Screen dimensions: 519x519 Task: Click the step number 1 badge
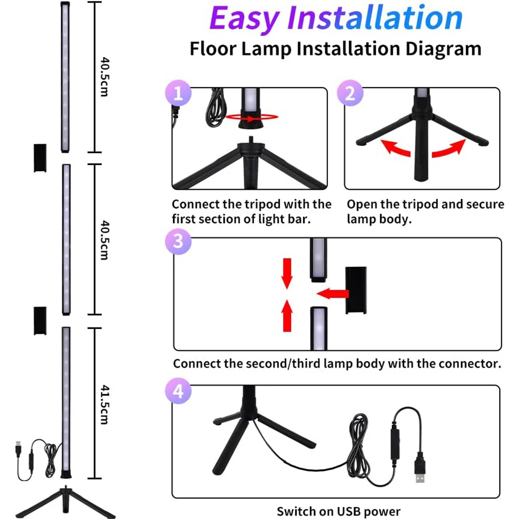click(178, 93)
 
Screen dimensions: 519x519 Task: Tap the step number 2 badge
click(350, 93)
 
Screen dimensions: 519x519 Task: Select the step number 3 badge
click(178, 241)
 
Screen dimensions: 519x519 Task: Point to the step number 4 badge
click(178, 391)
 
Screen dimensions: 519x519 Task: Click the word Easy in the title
click(243, 19)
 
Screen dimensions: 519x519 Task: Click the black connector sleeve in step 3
click(356, 290)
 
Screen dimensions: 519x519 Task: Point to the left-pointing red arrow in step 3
click(332, 293)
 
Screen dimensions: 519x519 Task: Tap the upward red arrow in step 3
click(287, 316)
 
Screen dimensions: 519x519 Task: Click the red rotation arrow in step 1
click(252, 117)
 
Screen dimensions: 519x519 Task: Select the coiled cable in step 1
click(216, 107)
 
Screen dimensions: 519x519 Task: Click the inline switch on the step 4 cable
click(395, 444)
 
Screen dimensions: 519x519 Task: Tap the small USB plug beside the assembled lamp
click(18, 449)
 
